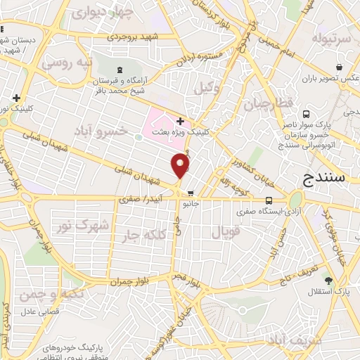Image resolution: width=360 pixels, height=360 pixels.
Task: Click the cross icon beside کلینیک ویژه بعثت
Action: click(181, 122)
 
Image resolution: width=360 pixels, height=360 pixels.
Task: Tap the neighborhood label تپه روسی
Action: click(67, 63)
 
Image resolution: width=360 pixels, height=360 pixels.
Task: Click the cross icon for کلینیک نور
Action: click(15, 98)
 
